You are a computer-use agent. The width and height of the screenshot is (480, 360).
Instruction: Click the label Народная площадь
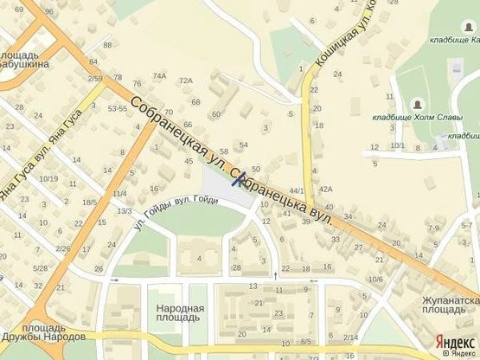180,312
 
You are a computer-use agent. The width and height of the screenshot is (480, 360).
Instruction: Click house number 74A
159,76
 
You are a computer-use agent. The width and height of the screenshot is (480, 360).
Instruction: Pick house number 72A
185,80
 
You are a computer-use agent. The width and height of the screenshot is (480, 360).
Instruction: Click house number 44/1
298,190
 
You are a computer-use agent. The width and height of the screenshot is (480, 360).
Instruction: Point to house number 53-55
117,109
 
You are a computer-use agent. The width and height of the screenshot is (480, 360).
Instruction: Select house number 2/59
94,79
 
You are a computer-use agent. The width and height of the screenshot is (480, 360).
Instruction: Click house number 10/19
48,179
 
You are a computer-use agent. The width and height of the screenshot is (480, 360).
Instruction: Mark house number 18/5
89,202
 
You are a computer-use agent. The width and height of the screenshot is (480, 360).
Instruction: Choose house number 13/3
125,211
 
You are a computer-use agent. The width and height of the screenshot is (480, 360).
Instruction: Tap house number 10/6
375,279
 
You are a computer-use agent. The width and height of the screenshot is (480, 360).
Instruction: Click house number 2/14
350,337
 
